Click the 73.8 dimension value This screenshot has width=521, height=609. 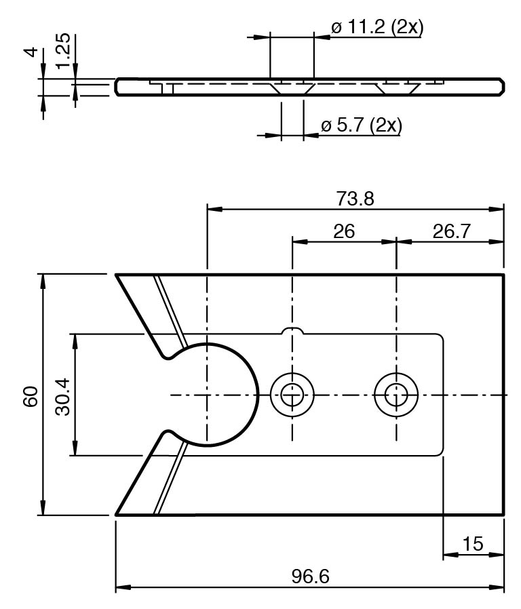(x=355, y=199)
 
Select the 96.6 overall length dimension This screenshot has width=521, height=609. (x=310, y=576)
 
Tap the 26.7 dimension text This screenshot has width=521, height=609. (x=451, y=231)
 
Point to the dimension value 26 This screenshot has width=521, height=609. (x=344, y=231)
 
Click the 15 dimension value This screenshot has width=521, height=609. (x=473, y=544)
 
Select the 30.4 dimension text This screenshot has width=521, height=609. (x=63, y=395)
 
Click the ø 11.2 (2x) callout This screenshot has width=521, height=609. (x=377, y=28)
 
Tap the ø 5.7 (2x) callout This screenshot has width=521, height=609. (x=361, y=125)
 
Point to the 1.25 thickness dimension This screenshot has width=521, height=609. (x=63, y=51)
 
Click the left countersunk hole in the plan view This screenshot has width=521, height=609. (x=292, y=394)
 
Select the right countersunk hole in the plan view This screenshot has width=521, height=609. (x=396, y=394)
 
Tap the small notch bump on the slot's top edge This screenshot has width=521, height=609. (x=292, y=330)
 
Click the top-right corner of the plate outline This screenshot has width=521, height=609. (x=503, y=275)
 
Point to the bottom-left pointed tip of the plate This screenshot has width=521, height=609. (x=117, y=514)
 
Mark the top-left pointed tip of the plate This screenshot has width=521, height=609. (x=117, y=275)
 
